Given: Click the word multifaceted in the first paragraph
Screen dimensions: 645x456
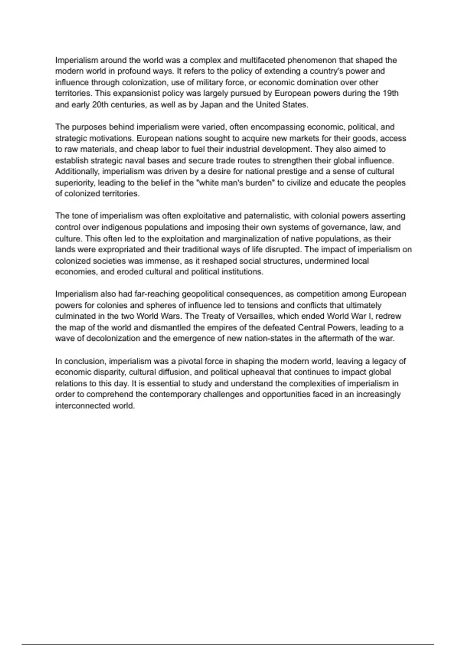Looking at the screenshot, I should coord(262,60).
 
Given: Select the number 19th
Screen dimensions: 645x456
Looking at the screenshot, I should coord(390,93).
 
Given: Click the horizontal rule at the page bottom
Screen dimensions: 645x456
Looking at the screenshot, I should coord(228,634).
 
